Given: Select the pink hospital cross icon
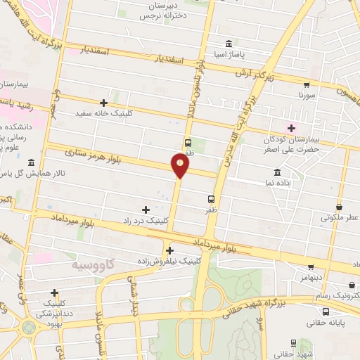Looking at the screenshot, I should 291,127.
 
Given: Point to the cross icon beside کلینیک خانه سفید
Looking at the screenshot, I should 104,103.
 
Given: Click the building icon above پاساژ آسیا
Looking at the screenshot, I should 228,42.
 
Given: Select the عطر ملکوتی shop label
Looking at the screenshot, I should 340,217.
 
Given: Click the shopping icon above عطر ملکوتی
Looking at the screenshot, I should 340,207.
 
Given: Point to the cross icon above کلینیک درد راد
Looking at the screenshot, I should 146,210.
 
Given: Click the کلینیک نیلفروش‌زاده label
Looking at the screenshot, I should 170,260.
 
